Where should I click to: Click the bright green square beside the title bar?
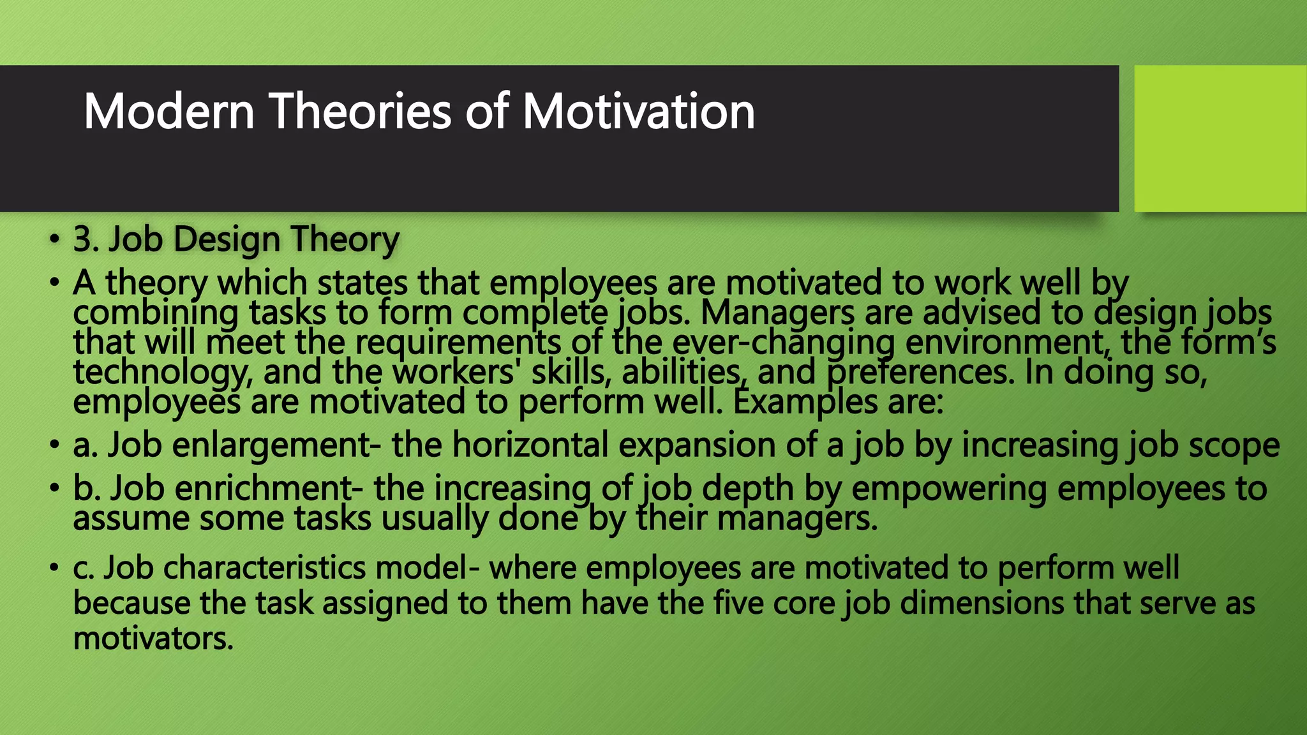click(x=1220, y=138)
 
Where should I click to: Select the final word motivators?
click(x=153, y=638)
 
